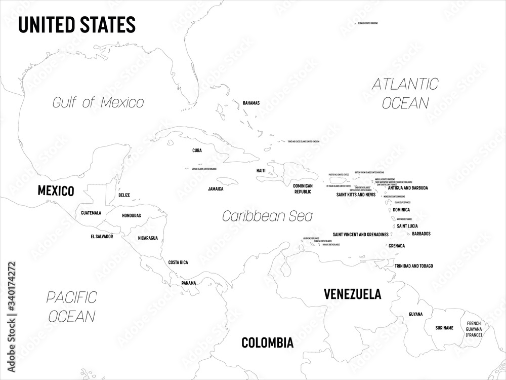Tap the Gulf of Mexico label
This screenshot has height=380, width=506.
click(98, 102)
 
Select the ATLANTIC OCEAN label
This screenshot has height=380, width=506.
click(405, 93)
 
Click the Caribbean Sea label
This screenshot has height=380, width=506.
click(268, 216)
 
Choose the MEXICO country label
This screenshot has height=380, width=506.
click(56, 191)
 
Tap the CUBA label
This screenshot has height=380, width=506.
click(197, 150)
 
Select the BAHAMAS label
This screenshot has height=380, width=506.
click(251, 103)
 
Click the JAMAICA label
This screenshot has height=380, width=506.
click(216, 188)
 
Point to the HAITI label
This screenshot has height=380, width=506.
click(261, 171)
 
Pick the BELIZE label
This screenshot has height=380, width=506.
click(124, 195)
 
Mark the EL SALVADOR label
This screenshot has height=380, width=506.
click(102, 236)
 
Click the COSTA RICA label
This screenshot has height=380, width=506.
click(178, 262)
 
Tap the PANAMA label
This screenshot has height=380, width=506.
click(189, 283)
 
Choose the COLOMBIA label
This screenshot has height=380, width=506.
click(267, 343)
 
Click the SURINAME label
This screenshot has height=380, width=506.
click(444, 328)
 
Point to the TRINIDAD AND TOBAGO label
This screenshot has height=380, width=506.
click(414, 266)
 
